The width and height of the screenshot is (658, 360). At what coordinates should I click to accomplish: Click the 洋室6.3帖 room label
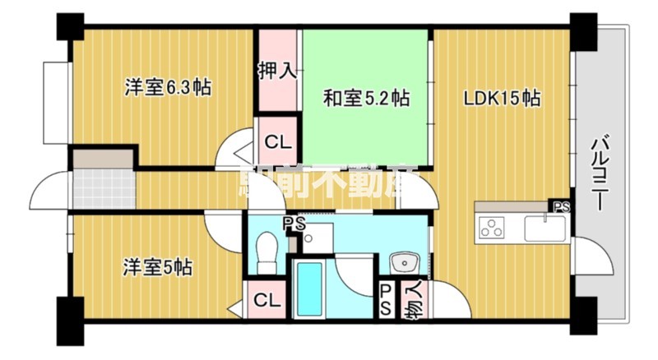point(168,87)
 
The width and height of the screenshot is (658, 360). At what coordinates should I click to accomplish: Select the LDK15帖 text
point(502,99)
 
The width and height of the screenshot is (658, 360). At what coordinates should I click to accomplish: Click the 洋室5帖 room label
point(159,267)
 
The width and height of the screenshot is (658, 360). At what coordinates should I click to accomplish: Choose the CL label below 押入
point(277,141)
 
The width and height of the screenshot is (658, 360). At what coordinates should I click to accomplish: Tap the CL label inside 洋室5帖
point(264,299)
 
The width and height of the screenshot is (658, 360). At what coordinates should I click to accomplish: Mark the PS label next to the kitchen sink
point(561,206)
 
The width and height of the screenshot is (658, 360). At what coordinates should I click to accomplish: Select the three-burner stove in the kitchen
point(493,227)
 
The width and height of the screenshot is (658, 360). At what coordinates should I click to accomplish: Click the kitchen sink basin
point(540,227)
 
